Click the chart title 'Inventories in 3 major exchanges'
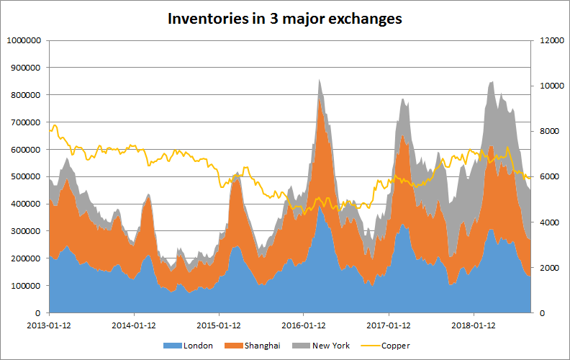285,18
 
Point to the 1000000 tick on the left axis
23,40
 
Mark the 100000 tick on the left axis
25,286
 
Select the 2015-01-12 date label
219,325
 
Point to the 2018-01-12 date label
474,325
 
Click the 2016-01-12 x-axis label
304,325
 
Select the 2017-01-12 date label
389,325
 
